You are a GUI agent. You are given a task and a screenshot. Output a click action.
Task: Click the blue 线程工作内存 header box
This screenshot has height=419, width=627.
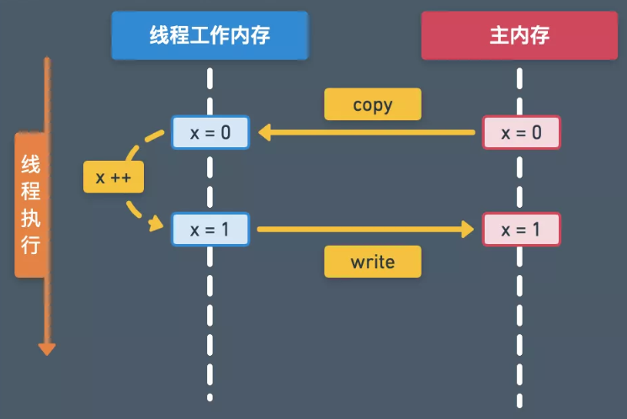(x=210, y=35)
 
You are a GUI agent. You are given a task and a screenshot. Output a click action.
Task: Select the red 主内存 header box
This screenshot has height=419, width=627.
(x=520, y=35)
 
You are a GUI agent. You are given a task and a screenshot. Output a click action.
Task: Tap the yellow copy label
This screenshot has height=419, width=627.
(x=373, y=104)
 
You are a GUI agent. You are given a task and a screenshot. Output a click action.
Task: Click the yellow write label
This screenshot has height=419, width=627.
(x=373, y=262)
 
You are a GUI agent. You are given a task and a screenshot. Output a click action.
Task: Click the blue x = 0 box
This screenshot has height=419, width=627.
(x=210, y=133)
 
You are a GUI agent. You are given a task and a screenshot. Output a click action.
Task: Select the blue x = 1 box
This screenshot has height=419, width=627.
(x=210, y=229)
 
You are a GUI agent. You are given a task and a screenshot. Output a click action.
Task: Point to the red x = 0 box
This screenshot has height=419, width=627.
(x=521, y=133)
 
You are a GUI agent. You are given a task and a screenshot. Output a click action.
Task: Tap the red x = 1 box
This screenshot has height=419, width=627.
(x=521, y=229)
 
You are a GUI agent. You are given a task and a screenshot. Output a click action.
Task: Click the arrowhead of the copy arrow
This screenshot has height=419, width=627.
(x=263, y=132)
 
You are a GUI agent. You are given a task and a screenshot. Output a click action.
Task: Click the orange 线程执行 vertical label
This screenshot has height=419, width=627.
(x=30, y=204)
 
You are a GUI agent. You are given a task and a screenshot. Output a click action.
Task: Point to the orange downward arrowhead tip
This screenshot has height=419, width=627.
(x=46, y=351)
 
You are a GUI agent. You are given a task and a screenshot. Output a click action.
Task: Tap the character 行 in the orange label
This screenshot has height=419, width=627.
(x=30, y=245)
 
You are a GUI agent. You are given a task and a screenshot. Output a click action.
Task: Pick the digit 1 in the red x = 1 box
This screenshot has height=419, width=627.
(x=537, y=230)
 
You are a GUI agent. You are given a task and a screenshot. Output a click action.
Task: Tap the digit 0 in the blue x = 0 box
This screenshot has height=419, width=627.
(x=226, y=133)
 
